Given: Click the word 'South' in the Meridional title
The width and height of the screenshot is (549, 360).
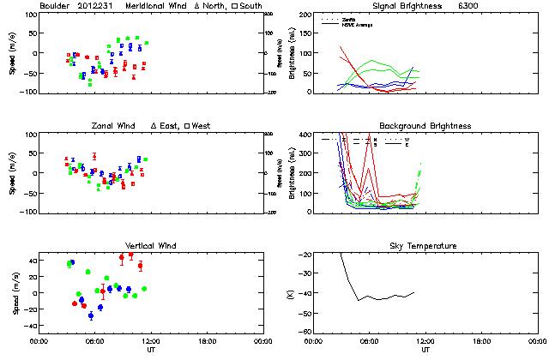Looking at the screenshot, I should tap(248, 6).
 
